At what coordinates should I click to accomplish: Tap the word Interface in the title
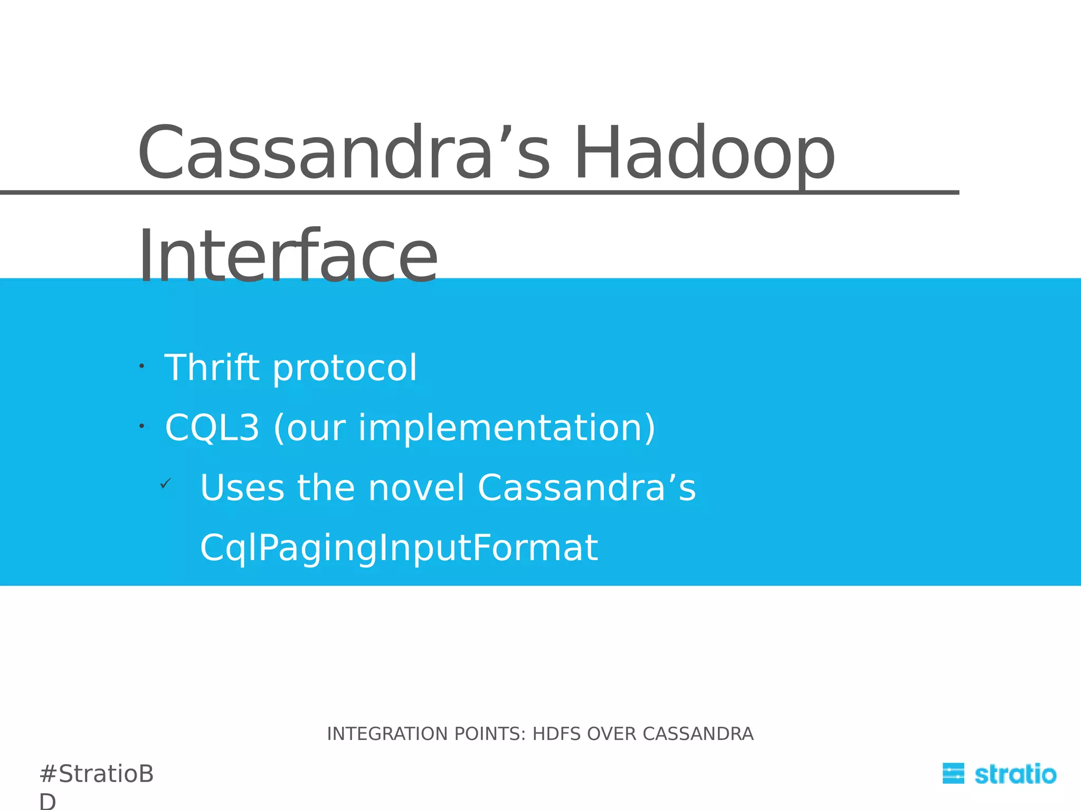point(288,257)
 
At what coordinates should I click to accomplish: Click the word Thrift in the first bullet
point(212,368)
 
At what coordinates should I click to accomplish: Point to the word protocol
point(345,369)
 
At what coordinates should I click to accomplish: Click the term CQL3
point(212,428)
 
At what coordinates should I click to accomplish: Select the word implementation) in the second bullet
point(507,428)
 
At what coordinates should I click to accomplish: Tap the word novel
point(416,487)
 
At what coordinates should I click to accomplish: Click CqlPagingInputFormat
point(399,548)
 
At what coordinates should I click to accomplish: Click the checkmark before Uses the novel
point(166,483)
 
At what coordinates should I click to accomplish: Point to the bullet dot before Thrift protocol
point(141,365)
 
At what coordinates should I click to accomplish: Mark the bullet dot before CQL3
point(141,425)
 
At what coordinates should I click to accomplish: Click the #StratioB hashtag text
point(96,774)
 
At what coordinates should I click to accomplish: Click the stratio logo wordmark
point(1015,774)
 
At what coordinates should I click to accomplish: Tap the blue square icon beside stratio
point(953,774)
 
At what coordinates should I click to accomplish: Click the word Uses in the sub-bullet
point(242,487)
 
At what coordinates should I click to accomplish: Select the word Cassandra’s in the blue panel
point(586,487)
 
